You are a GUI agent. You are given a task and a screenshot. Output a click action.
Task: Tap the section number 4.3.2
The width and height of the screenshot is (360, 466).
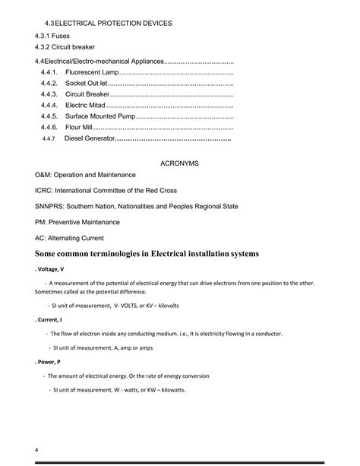[x=45, y=47]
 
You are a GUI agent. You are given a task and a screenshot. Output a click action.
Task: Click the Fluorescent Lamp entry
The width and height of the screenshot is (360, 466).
[x=92, y=71]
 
